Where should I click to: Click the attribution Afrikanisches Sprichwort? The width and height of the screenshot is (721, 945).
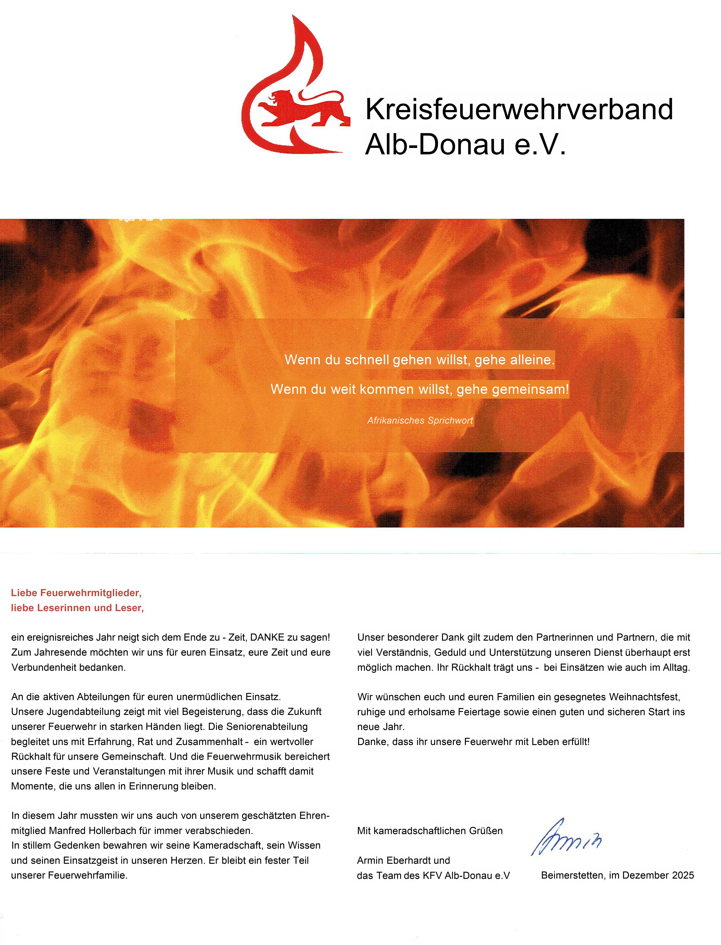click(x=420, y=420)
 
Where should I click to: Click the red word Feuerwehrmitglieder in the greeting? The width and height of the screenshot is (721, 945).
click(x=91, y=593)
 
